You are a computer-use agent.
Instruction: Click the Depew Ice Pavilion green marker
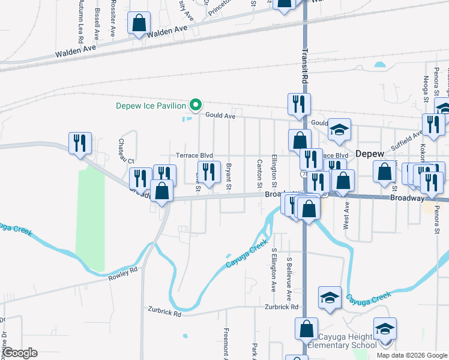195,106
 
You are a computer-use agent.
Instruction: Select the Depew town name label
370,154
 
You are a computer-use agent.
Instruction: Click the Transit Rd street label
305,66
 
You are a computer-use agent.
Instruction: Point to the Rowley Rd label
123,274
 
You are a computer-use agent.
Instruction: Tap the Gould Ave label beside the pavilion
220,116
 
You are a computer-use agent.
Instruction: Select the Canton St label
259,172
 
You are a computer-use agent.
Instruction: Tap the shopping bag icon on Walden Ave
139,24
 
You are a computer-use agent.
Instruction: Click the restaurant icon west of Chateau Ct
80,143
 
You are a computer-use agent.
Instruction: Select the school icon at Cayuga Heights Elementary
385,329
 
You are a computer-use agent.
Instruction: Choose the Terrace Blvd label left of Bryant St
194,155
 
